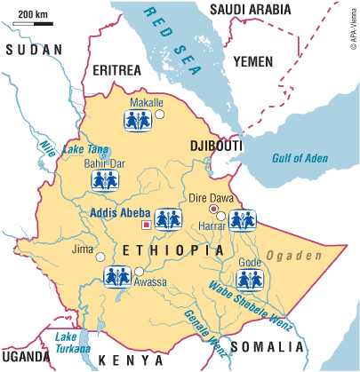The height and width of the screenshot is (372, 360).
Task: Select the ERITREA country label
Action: pyautogui.click(x=119, y=70)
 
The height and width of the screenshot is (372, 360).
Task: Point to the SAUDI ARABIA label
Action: pyautogui.click(x=252, y=10)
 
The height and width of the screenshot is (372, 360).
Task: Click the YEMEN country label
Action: pyautogui.click(x=257, y=60)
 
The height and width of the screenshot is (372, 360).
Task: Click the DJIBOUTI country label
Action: pyautogui.click(x=211, y=144)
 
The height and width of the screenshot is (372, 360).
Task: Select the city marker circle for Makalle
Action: pyautogui.click(x=160, y=114)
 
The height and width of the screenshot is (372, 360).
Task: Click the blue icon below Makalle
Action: pyautogui.click(x=138, y=121)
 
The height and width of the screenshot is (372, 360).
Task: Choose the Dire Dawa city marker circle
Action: pyautogui.click(x=212, y=208)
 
